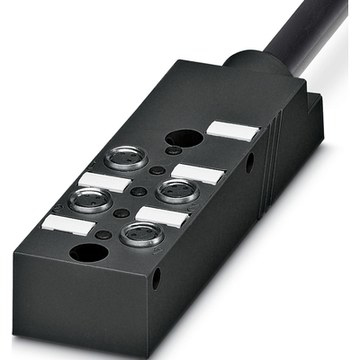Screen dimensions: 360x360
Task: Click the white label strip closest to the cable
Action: (x=232, y=130)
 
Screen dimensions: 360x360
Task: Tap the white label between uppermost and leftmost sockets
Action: (x=103, y=181)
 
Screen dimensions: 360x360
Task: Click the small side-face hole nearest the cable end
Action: (x=249, y=159)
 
